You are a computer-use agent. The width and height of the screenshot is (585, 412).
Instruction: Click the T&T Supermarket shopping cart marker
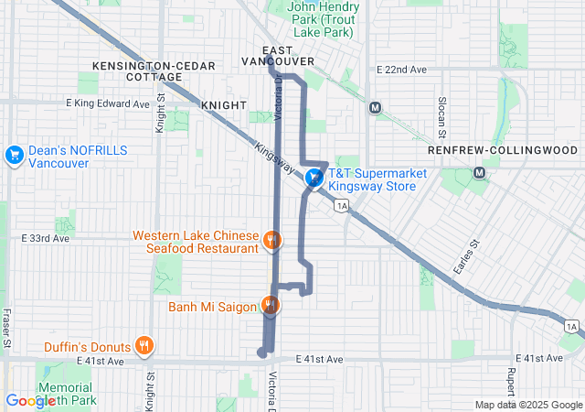(314, 179)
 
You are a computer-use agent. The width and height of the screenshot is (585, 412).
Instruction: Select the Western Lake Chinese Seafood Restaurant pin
(271, 241)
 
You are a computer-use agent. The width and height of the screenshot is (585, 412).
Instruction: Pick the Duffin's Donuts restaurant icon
(144, 346)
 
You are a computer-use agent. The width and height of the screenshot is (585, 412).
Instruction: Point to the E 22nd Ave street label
(402, 70)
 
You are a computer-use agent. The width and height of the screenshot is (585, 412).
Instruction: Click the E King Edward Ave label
(107, 104)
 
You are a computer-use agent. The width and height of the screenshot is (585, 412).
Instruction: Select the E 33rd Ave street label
(46, 238)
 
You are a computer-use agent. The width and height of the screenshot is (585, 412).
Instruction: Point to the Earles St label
(465, 256)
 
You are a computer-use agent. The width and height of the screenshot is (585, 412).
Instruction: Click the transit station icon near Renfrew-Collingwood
(481, 171)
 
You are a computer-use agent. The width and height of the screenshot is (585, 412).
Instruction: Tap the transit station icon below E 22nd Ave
(375, 107)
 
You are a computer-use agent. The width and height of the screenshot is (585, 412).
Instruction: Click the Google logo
(31, 401)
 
